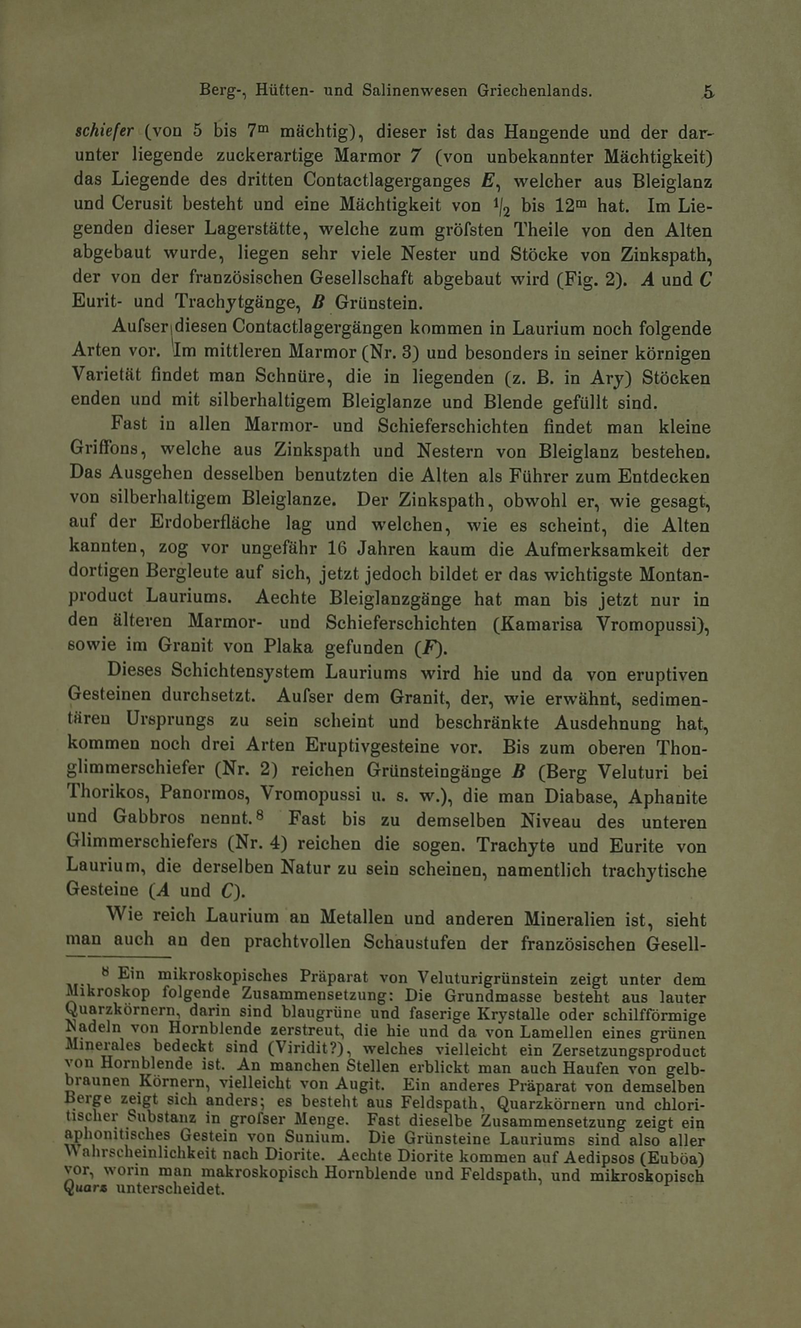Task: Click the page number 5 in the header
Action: [x=708, y=91]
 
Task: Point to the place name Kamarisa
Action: [x=543, y=624]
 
